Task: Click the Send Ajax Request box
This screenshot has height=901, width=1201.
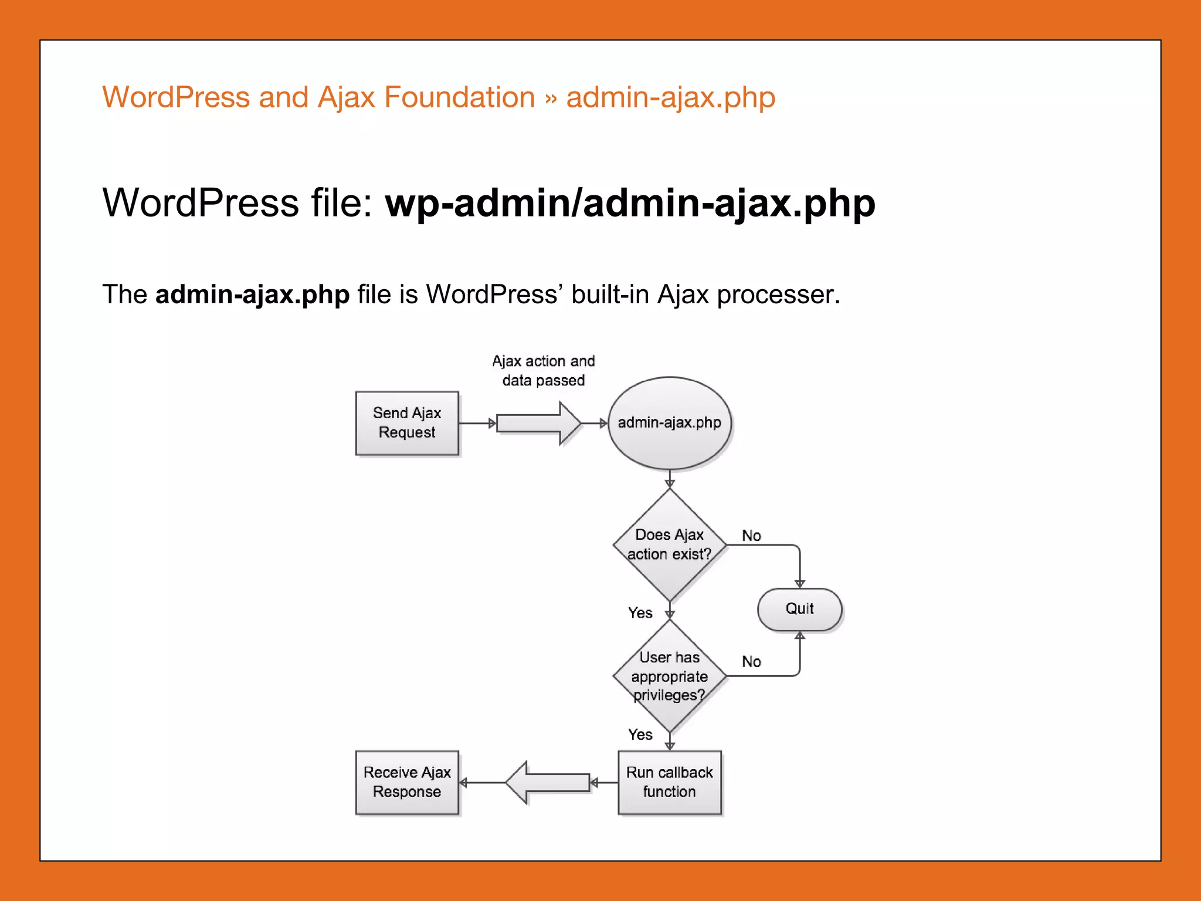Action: click(x=406, y=423)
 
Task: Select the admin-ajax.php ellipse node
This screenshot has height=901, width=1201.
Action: click(x=669, y=423)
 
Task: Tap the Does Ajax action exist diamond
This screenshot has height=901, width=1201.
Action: click(x=669, y=545)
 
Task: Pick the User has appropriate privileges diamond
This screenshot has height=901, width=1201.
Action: click(x=669, y=676)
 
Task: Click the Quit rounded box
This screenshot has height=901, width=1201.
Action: click(x=799, y=609)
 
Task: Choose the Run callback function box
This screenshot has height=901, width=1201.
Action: click(x=669, y=782)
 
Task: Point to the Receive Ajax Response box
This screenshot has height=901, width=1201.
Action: click(x=406, y=782)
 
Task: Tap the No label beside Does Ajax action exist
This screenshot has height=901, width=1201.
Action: click(x=751, y=536)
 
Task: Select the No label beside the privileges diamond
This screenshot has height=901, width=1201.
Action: click(x=751, y=662)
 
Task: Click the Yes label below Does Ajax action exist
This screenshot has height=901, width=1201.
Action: click(x=640, y=613)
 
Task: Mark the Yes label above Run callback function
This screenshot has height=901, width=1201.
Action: click(x=640, y=734)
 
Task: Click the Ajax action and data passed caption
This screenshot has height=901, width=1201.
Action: click(x=543, y=371)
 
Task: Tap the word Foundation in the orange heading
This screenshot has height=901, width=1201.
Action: click(x=459, y=97)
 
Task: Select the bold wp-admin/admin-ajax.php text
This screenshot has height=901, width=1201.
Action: click(x=630, y=203)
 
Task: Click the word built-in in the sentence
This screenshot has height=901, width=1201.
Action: click(x=610, y=294)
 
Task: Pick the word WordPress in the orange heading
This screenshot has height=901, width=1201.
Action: click(x=176, y=97)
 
